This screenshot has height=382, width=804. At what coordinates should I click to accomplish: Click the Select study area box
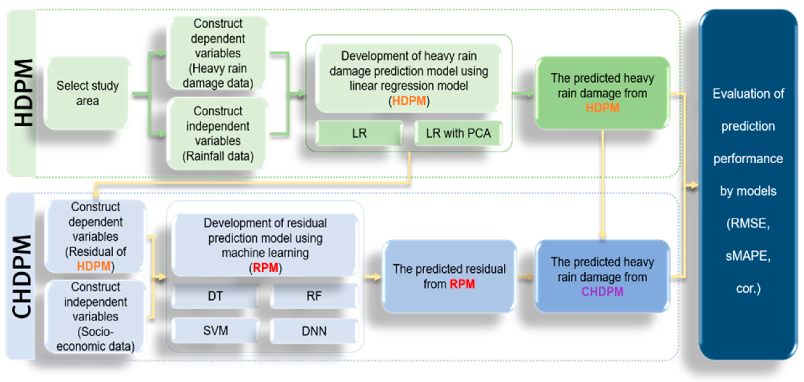[87, 93]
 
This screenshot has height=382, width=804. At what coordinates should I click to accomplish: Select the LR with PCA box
[458, 133]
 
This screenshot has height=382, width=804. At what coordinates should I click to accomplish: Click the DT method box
[215, 296]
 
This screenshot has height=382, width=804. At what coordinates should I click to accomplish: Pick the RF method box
[314, 296]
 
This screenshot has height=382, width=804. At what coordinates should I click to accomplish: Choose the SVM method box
[215, 331]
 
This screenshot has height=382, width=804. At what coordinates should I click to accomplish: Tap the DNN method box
[314, 331]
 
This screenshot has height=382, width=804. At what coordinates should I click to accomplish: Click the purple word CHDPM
[602, 291]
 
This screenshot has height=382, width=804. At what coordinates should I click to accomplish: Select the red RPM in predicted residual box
[462, 284]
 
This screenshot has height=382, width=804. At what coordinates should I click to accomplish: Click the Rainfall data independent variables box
[217, 133]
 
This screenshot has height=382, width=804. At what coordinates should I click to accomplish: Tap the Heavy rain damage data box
[217, 53]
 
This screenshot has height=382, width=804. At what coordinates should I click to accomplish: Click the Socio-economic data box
[95, 316]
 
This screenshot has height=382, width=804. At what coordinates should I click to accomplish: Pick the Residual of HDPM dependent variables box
[95, 237]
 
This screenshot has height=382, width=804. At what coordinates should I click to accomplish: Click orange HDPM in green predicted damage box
[602, 108]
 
